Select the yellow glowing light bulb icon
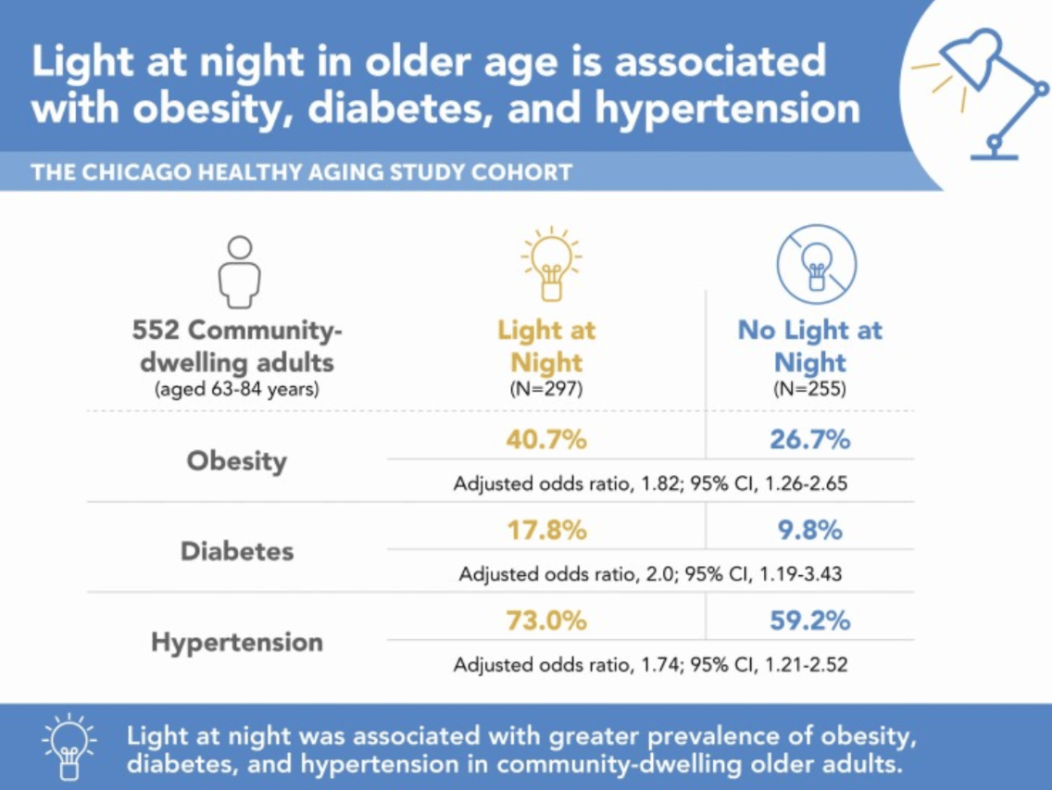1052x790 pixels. coord(552,264)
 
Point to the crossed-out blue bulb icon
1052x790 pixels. coord(817,264)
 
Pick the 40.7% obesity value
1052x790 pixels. coord(546,440)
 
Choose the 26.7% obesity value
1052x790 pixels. coord(809,440)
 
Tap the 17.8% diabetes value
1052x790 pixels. coord(546,531)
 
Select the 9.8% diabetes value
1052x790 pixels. coord(809,531)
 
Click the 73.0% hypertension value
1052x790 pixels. coord(546,621)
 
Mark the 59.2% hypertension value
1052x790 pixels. coord(809,621)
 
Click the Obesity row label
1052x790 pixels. coord(237,462)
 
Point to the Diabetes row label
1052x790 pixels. coord(237,551)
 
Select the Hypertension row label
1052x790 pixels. coord(237,643)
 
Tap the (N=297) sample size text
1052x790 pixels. coord(546,389)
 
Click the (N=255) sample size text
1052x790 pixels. coord(809,389)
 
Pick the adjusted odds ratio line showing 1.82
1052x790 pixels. coord(650,484)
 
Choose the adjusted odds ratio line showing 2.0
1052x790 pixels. coord(650,574)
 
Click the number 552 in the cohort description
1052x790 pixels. coord(156,331)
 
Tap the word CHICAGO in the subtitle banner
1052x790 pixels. coord(138,172)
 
